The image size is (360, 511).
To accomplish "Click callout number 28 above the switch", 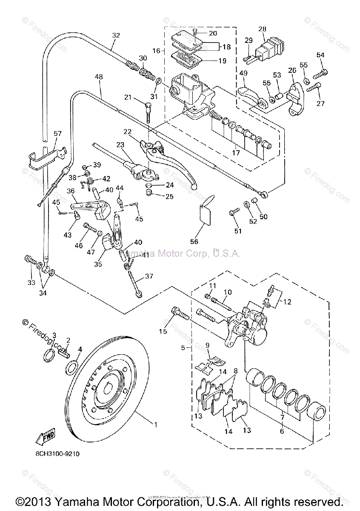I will tap(262, 29).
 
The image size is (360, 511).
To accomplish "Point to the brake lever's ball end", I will tap(194, 185).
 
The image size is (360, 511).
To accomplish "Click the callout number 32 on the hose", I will tap(116, 35).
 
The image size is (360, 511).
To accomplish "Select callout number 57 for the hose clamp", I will tap(58, 134).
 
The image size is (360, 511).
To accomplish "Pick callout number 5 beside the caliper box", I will tap(183, 347).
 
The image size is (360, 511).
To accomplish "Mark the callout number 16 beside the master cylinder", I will tap(156, 50).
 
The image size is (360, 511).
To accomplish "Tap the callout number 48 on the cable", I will tap(99, 78).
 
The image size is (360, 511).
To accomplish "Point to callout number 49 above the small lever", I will tap(243, 73).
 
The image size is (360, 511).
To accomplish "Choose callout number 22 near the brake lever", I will tap(128, 131).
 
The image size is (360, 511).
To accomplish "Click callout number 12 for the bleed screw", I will tap(288, 302).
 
